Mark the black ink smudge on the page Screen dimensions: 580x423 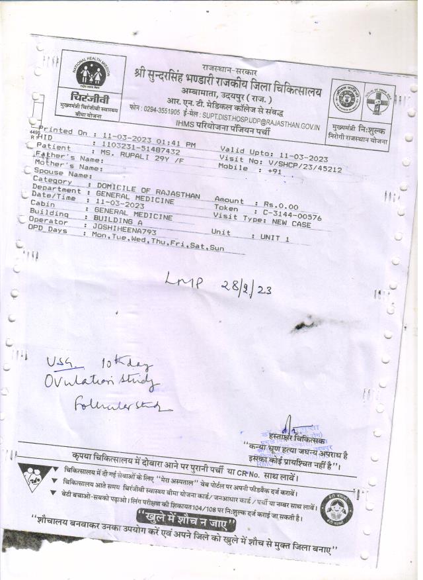(x=309, y=324)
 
